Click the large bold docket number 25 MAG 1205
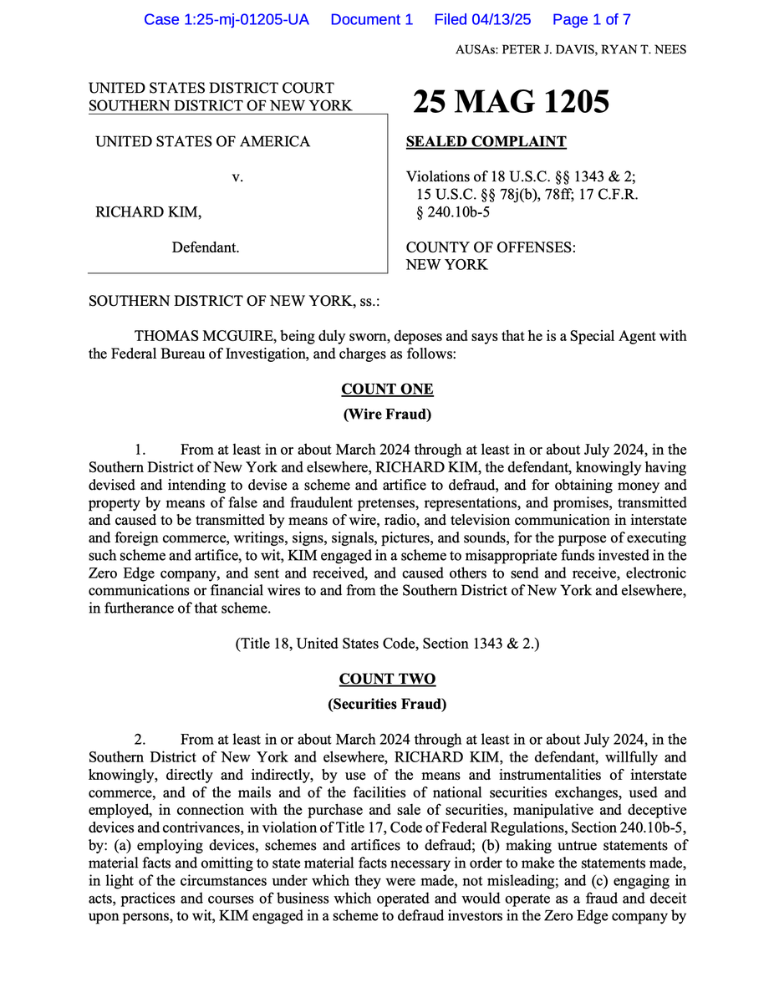511,102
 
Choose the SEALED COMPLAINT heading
486,142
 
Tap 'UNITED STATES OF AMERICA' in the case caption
202,142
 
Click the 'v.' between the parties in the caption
237,177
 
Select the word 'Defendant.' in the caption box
206,247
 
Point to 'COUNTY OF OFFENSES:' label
490,247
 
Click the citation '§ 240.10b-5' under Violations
453,212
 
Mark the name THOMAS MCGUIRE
206,337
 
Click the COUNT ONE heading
387,389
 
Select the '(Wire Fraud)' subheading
387,415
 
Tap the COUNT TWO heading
387,679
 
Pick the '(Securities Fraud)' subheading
387,704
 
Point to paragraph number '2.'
140,740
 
